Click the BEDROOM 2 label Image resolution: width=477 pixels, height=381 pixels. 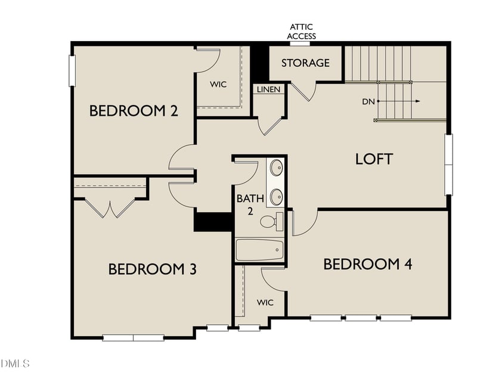tap(134, 110)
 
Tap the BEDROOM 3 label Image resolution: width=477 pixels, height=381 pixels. tap(153, 269)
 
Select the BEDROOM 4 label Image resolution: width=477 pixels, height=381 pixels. tap(368, 264)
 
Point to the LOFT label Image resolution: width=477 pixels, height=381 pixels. tap(374, 159)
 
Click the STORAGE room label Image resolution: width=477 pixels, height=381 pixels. tap(305, 63)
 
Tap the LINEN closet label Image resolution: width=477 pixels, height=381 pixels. tap(268, 89)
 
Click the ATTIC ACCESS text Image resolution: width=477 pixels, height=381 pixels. tap(301, 32)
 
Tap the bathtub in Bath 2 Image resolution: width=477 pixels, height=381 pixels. tap(259, 249)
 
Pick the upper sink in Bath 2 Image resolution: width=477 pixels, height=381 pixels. tap(277, 168)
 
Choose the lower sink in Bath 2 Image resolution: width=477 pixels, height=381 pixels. tap(277, 196)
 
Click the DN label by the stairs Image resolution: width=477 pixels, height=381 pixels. tap(368, 101)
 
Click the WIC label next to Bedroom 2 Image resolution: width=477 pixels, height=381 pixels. tap(218, 84)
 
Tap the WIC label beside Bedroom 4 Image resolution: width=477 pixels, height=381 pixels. tap(265, 302)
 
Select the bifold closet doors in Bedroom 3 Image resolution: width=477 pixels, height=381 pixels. tap(109, 207)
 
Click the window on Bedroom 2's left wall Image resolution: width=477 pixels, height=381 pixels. tap(72, 70)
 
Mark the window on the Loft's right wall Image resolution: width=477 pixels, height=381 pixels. tap(448, 164)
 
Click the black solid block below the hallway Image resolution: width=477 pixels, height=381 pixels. tap(213, 221)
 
